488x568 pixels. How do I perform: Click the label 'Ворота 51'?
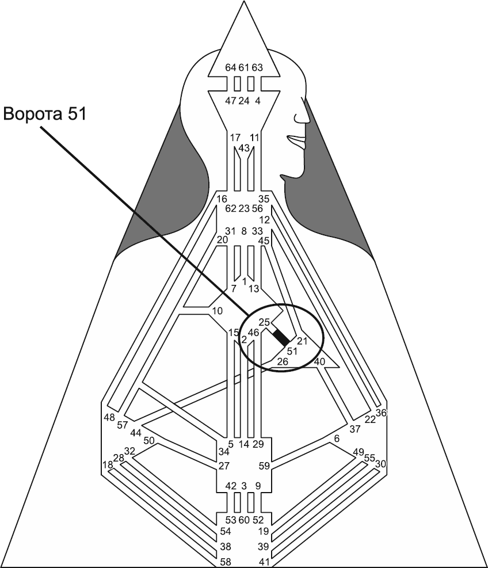point(45,113)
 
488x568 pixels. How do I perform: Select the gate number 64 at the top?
point(231,67)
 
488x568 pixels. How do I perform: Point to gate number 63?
point(257,67)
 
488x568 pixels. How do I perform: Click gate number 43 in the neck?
point(243,148)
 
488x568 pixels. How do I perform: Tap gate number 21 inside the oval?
point(303,341)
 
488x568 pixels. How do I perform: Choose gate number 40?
point(320,361)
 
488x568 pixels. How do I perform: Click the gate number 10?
point(218,311)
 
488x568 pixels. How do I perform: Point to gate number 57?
point(123,425)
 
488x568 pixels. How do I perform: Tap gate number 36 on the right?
point(382,413)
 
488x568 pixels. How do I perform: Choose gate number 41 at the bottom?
point(264,561)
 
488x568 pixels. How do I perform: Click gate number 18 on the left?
point(107,464)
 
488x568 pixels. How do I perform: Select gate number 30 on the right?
point(380,464)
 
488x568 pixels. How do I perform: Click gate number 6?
point(337,439)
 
